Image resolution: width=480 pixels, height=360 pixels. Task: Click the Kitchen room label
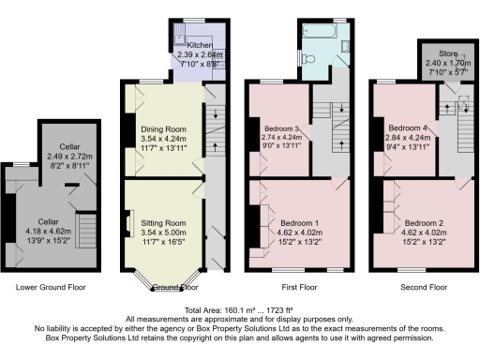pos(200,45)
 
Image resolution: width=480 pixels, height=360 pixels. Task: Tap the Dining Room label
pos(164,128)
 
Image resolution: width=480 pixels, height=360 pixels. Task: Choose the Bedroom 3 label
pos(281,127)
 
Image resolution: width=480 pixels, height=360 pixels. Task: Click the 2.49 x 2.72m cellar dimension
pos(67,156)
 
